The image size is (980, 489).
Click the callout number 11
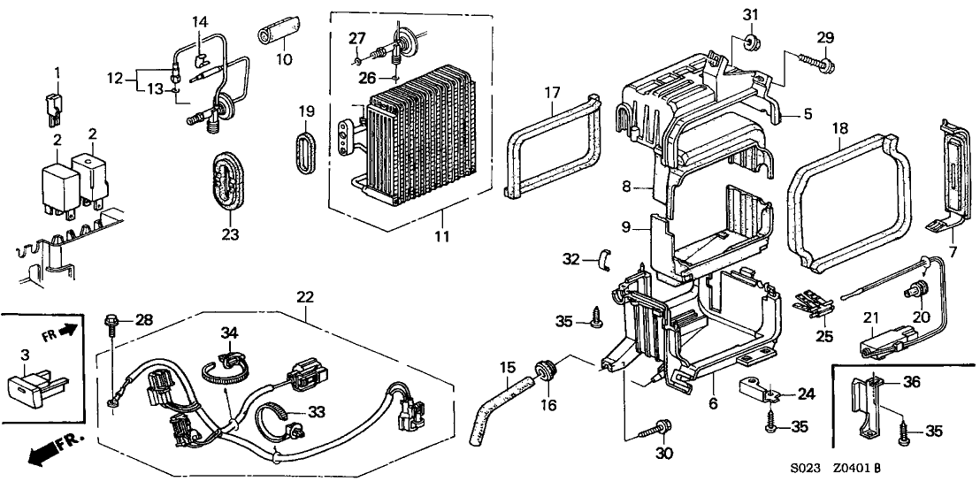coord(441,236)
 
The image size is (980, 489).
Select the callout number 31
coord(750,15)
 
